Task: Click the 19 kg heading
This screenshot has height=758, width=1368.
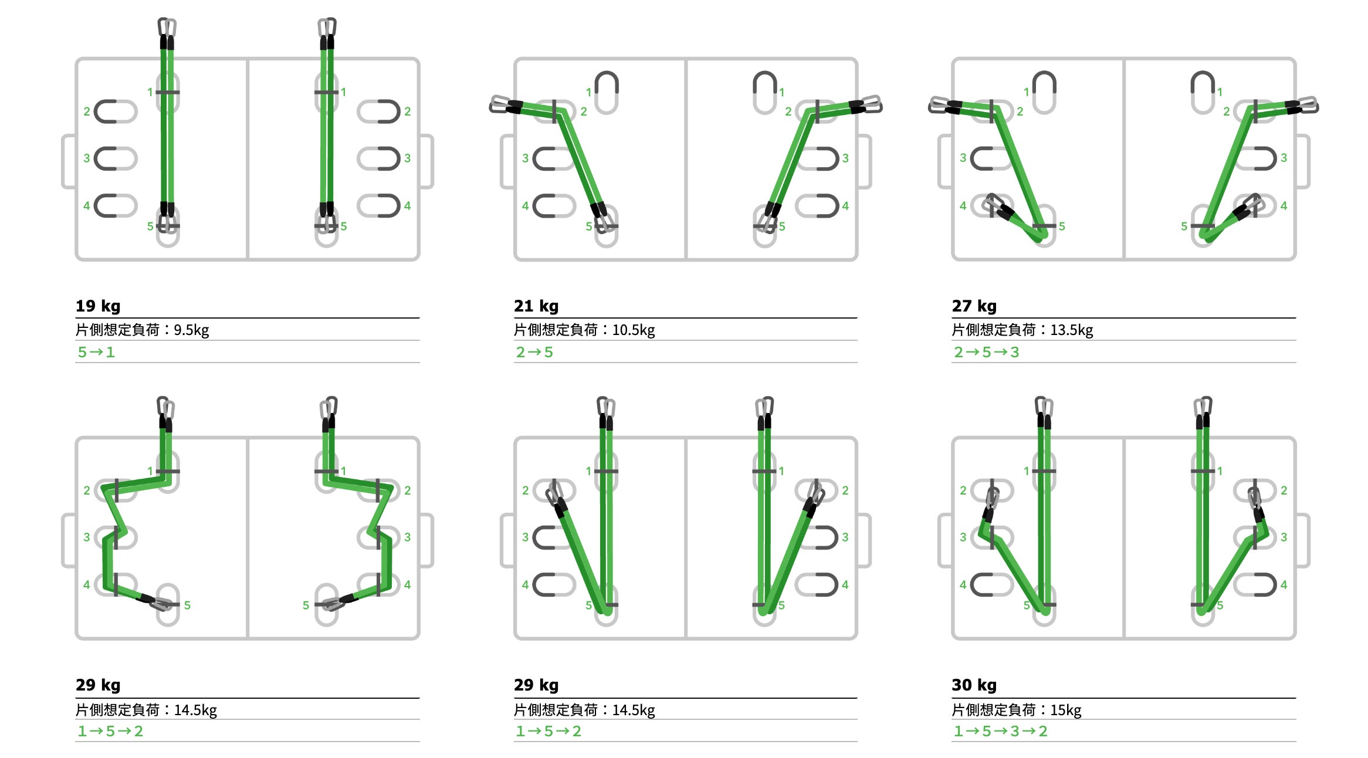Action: [98, 306]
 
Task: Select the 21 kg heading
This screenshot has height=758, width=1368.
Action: [536, 306]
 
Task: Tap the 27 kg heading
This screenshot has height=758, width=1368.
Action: [974, 306]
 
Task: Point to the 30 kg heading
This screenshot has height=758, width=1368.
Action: [974, 685]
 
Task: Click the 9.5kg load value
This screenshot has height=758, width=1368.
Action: [191, 330]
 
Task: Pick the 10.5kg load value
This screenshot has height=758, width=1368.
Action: [634, 330]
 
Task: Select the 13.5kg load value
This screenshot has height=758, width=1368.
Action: [1072, 330]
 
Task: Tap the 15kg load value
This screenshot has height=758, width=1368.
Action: [1066, 710]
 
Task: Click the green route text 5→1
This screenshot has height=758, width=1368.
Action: [96, 352]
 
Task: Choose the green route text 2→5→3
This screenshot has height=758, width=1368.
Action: [987, 352]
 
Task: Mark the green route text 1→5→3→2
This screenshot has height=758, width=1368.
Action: [1001, 731]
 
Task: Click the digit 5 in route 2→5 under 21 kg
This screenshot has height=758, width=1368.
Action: [548, 352]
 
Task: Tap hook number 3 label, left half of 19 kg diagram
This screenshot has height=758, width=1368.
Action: [87, 158]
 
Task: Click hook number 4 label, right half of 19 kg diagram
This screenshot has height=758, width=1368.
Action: [407, 206]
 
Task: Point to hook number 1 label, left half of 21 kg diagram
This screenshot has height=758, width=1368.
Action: [588, 92]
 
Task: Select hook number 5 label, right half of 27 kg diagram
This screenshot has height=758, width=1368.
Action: [1184, 226]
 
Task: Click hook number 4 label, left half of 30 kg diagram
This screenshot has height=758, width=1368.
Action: [963, 585]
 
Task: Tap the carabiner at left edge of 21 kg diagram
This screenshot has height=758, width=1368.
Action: [500, 105]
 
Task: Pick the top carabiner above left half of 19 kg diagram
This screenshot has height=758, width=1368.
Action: [167, 28]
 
